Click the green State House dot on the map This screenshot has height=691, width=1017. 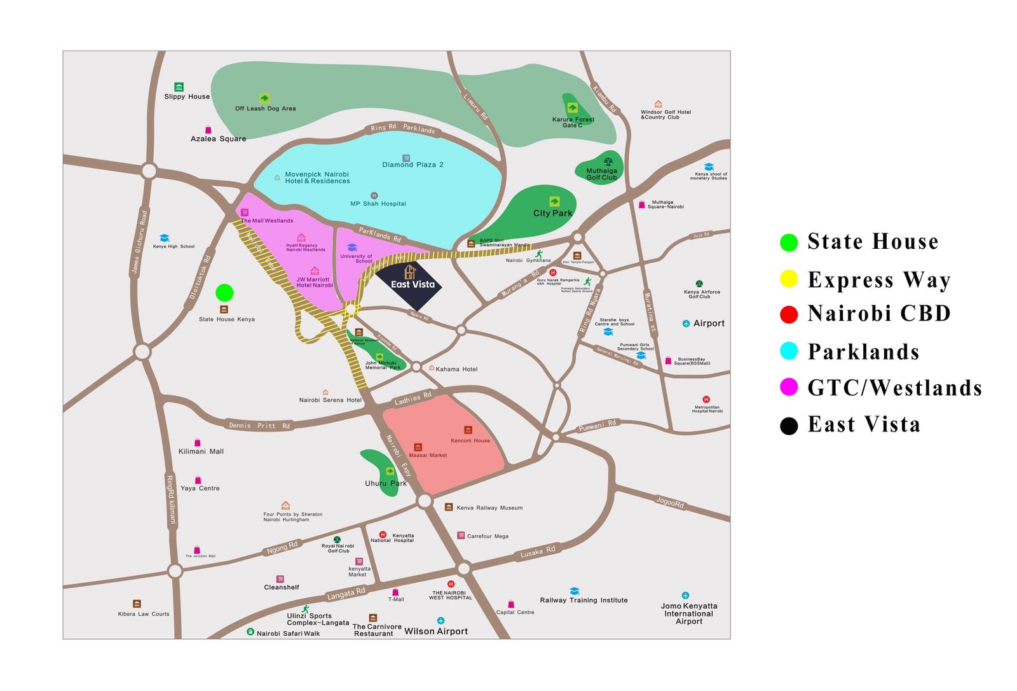click(224, 293)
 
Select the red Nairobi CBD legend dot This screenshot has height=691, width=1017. click(789, 314)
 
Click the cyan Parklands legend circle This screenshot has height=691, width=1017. click(789, 351)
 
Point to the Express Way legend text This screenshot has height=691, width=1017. click(878, 280)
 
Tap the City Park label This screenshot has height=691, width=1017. click(552, 213)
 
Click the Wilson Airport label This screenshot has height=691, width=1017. click(436, 631)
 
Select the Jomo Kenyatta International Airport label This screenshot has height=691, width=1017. click(689, 613)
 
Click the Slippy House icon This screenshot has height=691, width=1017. click(179, 87)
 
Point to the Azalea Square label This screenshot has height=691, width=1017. click(218, 139)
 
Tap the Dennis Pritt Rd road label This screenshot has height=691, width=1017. click(259, 425)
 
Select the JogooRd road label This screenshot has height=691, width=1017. click(670, 502)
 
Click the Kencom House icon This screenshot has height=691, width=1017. click(468, 430)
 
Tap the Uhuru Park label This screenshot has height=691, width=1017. click(385, 484)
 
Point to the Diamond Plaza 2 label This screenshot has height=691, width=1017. click(413, 165)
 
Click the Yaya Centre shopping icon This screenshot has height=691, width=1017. click(198, 480)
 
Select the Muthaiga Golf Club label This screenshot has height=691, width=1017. click(601, 174)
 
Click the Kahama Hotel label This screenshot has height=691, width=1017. click(456, 369)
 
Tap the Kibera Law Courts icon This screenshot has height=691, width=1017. click(137, 604)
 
